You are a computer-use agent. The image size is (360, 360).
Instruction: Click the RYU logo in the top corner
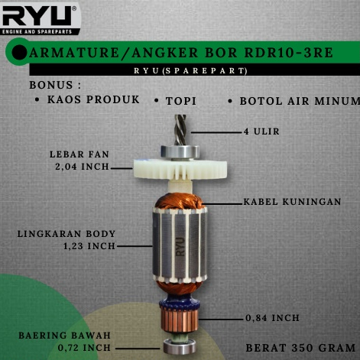[40, 17]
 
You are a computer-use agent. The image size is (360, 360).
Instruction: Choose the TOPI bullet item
[182, 100]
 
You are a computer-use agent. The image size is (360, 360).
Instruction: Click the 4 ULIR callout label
[261, 131]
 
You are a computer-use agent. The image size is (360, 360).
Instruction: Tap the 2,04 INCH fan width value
[79, 166]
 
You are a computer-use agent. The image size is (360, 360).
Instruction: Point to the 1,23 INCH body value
[89, 246]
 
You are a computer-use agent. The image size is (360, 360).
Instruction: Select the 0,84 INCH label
[273, 317]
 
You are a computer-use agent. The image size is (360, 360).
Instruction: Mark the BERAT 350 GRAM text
[300, 347]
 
